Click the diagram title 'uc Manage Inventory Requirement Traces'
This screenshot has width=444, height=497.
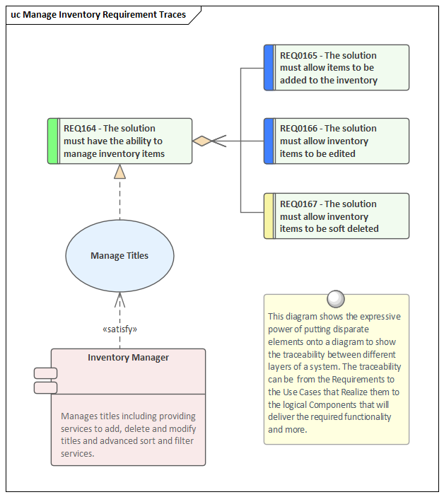coord(98,14)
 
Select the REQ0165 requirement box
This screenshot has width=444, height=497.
coord(337,68)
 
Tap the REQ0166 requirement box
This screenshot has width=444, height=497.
coord(337,141)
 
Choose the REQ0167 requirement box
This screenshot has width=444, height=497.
coord(337,216)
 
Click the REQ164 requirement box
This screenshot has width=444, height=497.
coord(120,141)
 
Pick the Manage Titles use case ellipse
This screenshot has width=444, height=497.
coord(119,256)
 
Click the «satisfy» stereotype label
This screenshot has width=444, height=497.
coord(119,329)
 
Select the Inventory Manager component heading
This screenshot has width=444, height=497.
coord(128,358)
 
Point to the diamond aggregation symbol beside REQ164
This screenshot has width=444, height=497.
coord(203,141)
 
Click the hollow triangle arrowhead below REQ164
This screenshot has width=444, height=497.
coord(119,172)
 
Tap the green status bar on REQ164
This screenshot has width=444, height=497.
coord(52,141)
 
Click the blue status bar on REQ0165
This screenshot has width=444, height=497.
coord(269,68)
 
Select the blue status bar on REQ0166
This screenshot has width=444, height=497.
coord(269,141)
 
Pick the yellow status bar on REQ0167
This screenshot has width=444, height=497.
coord(269,216)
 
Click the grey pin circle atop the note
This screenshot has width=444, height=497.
coord(336,298)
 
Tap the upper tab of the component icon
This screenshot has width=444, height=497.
coord(46,373)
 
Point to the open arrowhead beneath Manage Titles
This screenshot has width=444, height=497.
coord(119,298)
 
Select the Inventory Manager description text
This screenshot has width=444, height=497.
coord(128,435)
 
